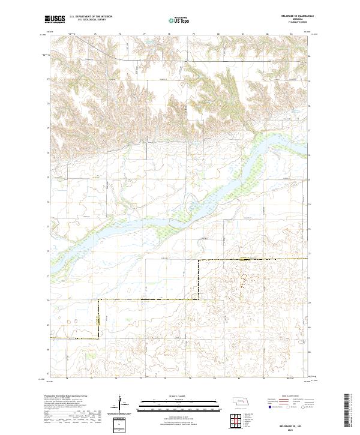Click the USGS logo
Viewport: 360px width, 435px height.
tap(55, 19)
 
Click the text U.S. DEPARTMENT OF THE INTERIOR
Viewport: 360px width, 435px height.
tap(91, 17)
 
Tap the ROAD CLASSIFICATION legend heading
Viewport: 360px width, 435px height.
tap(289, 397)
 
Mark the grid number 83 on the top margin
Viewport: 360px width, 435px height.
tap(290, 34)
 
